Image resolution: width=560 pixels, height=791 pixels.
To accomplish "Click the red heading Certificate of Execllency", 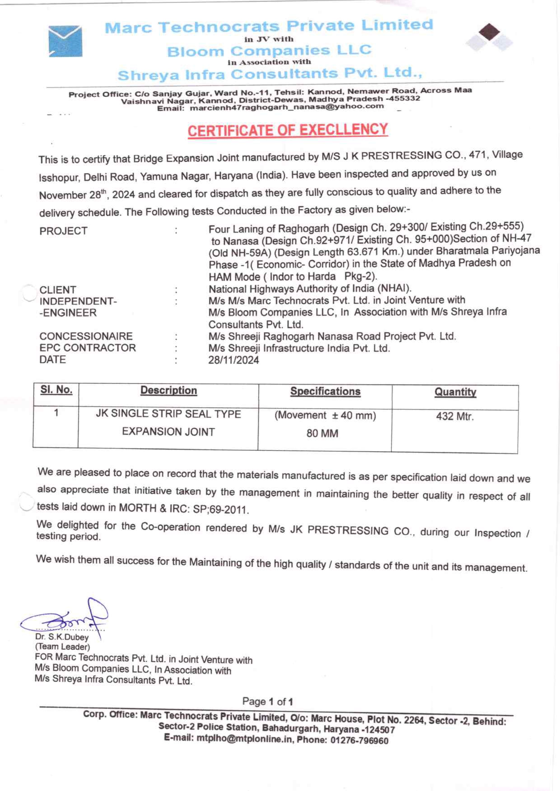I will click(x=288, y=130).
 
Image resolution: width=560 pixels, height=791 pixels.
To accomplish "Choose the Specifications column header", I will click(x=325, y=392).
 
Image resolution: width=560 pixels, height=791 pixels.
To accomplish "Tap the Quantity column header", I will click(x=455, y=392).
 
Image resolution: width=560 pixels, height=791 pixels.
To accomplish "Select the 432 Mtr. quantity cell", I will click(x=455, y=417).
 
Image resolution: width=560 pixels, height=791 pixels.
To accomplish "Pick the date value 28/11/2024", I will click(x=233, y=360).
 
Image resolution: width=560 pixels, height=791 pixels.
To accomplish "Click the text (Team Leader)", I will click(x=62, y=647).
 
